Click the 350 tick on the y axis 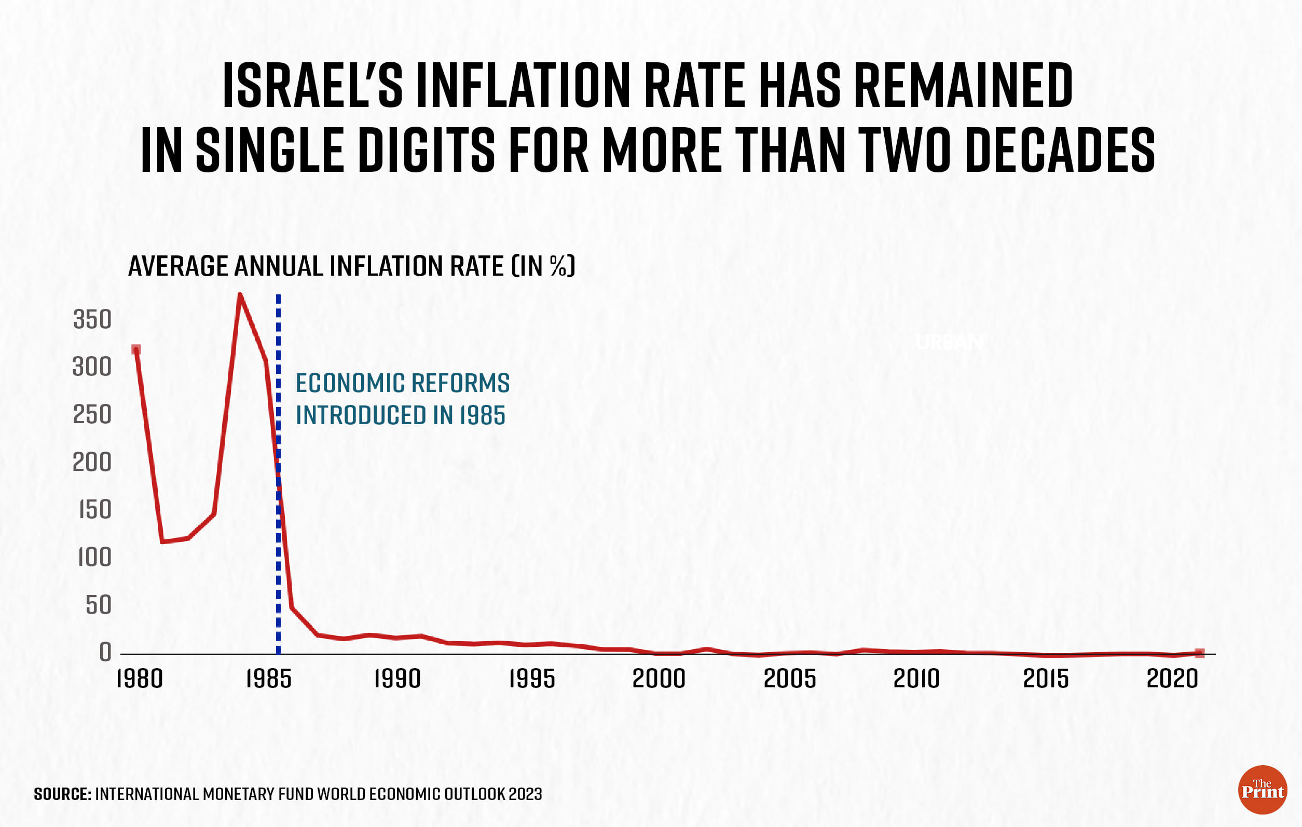tap(92, 320)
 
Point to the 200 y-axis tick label tap(92, 463)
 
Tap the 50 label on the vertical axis tap(99, 605)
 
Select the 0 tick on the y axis tap(105, 653)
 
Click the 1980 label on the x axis tap(140, 680)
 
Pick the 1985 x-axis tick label tap(269, 680)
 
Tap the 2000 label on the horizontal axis tap(659, 680)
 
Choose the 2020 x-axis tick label tap(1172, 680)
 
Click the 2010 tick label tap(916, 680)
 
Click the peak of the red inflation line tap(240, 295)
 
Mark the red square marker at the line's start tap(136, 349)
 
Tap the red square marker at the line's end tap(1199, 654)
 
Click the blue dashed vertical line tap(279, 541)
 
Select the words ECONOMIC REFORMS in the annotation tap(402, 383)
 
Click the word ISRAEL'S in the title tap(312, 86)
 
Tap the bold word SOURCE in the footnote tap(62, 794)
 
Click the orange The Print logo tap(1262, 790)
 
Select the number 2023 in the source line tap(525, 794)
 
